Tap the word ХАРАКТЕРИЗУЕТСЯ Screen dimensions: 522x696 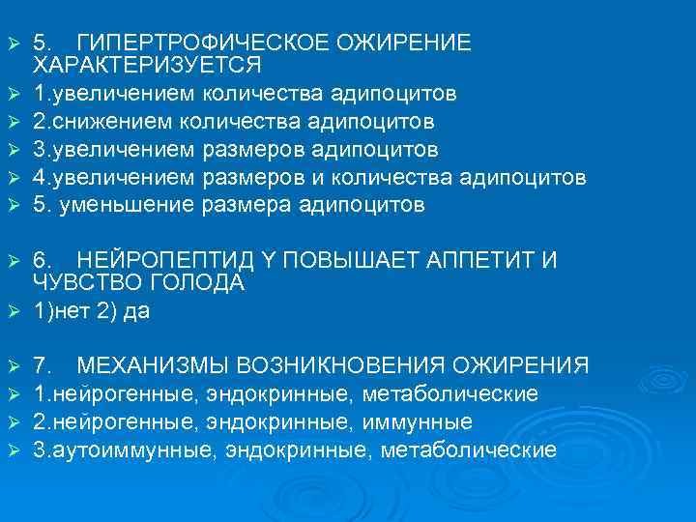[147, 65]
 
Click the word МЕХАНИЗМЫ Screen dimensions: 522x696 [152, 366]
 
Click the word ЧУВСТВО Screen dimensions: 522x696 [80, 283]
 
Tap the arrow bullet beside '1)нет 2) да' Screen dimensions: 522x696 [13, 313]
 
